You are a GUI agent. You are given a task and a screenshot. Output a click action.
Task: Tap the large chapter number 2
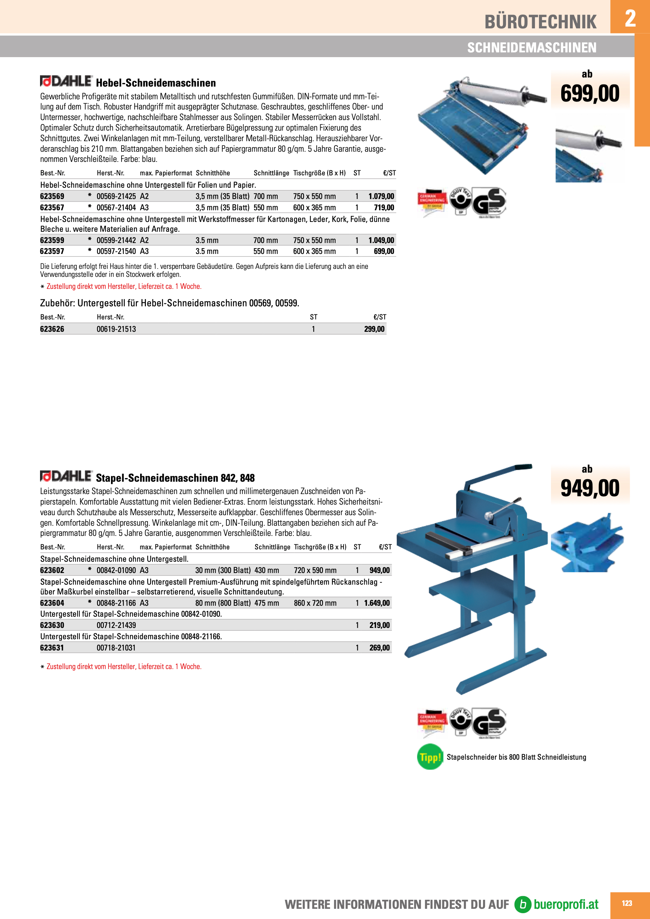coord(630,18)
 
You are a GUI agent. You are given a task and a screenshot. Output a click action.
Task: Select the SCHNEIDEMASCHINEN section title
coord(531,48)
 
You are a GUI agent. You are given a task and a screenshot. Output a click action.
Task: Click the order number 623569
coord(52,196)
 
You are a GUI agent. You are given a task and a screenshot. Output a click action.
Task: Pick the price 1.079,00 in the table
coord(381,196)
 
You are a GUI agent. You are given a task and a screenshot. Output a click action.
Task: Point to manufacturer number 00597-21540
coord(116,251)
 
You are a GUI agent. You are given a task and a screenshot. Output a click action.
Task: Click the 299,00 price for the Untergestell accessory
coord(374,329)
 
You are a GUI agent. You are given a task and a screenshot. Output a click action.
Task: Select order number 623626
coord(52,329)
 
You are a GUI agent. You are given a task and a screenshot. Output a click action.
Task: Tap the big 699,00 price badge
coord(590,93)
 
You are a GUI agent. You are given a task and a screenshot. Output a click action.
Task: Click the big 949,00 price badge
coord(590,488)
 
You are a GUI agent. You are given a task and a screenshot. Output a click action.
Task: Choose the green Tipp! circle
coord(430,757)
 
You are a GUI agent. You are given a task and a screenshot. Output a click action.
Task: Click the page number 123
coord(627,903)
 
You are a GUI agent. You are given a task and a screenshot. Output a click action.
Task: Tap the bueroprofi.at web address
coord(566,904)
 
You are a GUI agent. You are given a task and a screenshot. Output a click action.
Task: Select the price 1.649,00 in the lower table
coord(376,603)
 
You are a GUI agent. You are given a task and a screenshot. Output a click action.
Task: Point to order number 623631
coord(52,648)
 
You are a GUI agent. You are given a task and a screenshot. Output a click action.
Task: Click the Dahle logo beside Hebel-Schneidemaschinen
coord(67,81)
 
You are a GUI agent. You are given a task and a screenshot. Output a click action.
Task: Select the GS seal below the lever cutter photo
coord(489,202)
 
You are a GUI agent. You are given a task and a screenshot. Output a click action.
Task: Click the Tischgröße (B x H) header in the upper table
coord(319,173)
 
